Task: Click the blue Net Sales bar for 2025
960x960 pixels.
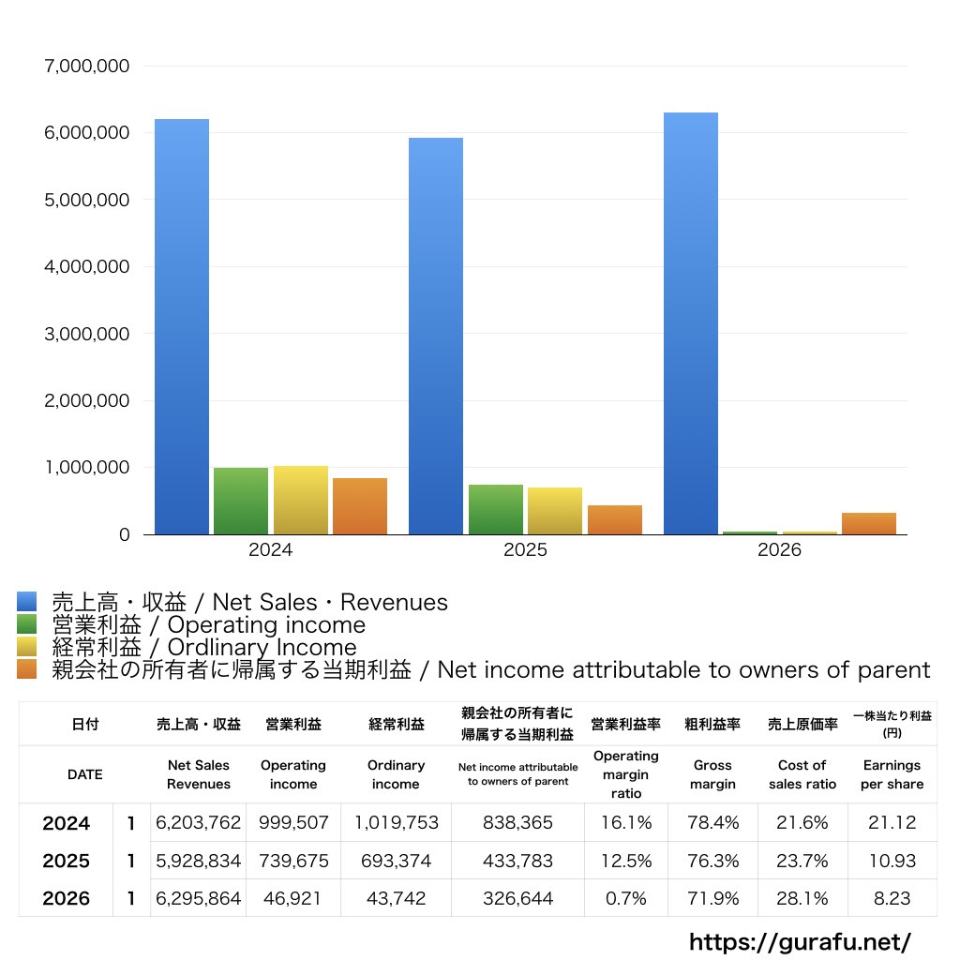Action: click(436, 337)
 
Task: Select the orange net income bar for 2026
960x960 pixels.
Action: click(869, 523)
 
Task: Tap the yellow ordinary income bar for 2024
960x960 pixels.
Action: click(301, 501)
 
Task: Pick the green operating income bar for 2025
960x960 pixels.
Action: click(496, 509)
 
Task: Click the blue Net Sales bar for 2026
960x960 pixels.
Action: click(691, 323)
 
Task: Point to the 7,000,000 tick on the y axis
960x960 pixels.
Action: click(87, 67)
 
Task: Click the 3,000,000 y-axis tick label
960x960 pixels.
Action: click(87, 334)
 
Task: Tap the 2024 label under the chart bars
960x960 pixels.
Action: click(271, 549)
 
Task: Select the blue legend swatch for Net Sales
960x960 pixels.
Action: click(27, 601)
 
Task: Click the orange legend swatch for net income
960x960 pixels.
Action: click(27, 669)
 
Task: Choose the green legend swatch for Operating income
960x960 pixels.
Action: click(27, 623)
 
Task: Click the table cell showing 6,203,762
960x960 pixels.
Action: click(199, 822)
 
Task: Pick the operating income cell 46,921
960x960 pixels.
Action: click(292, 898)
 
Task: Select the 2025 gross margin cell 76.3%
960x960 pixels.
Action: click(712, 861)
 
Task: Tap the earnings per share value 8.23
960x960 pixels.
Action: click(892, 898)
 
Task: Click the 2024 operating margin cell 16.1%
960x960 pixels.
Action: click(625, 822)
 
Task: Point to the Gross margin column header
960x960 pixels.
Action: click(712, 774)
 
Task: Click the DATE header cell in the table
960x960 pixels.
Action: click(85, 774)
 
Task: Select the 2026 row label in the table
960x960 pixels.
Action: click(67, 898)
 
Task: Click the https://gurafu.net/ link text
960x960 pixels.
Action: click(800, 941)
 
